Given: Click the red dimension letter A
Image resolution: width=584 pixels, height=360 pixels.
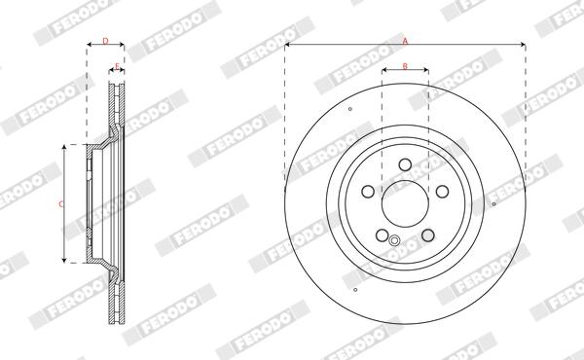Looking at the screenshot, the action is [x=405, y=41].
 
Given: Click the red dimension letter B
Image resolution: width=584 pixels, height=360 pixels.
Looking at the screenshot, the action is [x=405, y=66].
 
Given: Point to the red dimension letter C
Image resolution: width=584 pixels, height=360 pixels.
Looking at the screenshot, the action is [x=61, y=204].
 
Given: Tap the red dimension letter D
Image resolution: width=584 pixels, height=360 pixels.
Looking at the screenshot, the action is [x=105, y=41].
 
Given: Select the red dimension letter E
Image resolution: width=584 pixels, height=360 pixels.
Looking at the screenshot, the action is [x=117, y=66].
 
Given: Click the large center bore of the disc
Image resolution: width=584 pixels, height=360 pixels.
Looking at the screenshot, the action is [x=405, y=203].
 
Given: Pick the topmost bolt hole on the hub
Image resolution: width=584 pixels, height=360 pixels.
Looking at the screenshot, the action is [x=405, y=164].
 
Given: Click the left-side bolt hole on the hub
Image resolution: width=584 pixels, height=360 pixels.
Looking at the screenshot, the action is [x=368, y=192].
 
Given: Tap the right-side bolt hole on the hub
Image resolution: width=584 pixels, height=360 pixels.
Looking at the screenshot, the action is [x=443, y=192].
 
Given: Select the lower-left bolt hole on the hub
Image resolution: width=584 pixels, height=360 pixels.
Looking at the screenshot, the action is [x=383, y=234].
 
